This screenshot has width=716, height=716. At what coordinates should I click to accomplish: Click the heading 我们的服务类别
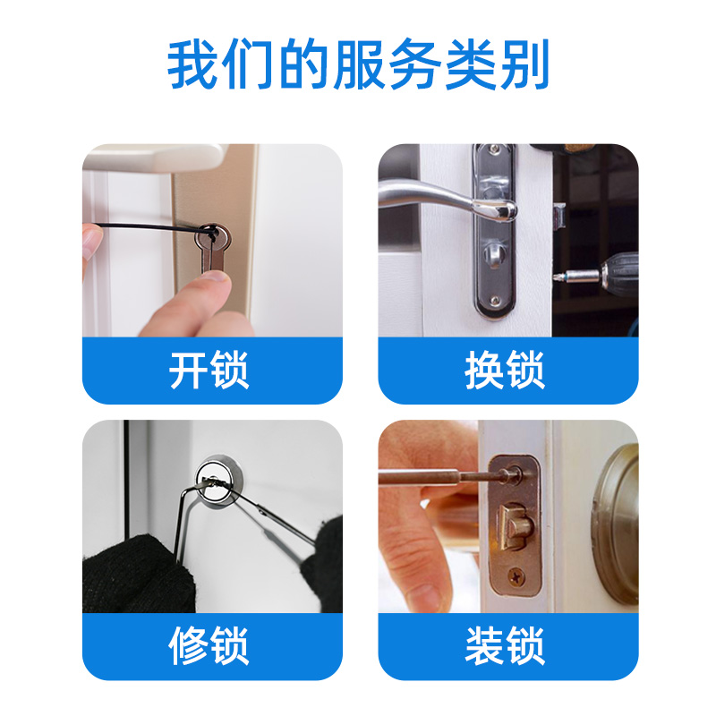click(358, 64)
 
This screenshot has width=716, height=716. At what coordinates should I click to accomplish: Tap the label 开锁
click(209, 370)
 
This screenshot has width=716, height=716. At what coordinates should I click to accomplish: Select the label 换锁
click(505, 370)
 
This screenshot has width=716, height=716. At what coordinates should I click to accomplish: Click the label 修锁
click(209, 645)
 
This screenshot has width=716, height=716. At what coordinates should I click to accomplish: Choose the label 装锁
click(505, 645)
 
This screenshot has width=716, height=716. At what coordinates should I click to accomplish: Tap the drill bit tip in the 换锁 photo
click(557, 277)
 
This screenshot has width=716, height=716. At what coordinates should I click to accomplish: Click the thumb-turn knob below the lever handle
click(494, 251)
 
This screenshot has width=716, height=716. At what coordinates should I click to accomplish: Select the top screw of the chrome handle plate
click(494, 149)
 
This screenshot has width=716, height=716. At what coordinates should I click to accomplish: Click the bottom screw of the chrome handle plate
click(494, 300)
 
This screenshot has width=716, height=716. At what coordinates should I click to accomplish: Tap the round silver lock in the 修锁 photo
click(219, 479)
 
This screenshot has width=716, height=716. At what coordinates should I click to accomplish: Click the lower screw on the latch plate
click(516, 576)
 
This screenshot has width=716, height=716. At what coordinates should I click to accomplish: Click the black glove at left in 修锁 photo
click(137, 576)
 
